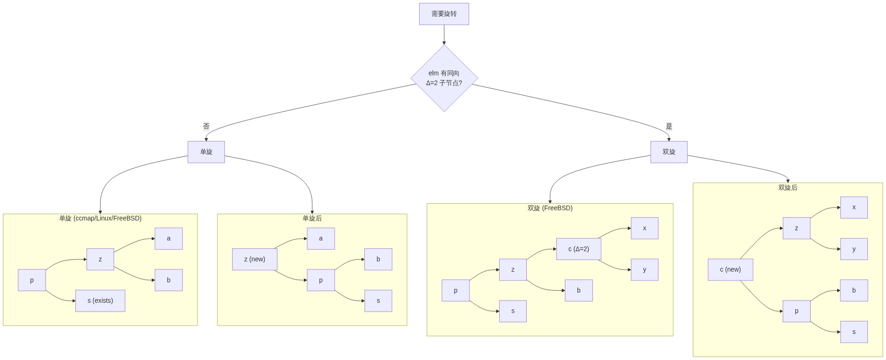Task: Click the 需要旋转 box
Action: pyautogui.click(x=444, y=14)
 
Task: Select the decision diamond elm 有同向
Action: pyautogui.click(x=444, y=78)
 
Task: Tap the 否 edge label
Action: pyautogui.click(x=206, y=126)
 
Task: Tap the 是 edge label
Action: pyautogui.click(x=669, y=126)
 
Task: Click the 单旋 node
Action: pyautogui.click(x=206, y=152)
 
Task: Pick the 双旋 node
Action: pyautogui.click(x=669, y=152)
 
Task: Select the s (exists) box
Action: pyautogui.click(x=100, y=301)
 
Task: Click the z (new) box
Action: pyautogui.click(x=255, y=259)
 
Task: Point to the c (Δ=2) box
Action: pyautogui.click(x=578, y=249)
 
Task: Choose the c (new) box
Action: pyautogui.click(x=730, y=270)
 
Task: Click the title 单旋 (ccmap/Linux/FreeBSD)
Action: pyautogui.click(x=100, y=218)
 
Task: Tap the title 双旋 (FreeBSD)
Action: pyautogui.click(x=550, y=208)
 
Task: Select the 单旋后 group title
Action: pyautogui.click(x=312, y=218)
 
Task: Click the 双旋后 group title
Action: pyautogui.click(x=787, y=187)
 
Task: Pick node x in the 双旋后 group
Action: pyautogui.click(x=854, y=207)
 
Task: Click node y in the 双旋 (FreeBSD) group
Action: pyautogui.click(x=644, y=270)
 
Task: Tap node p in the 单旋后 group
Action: pyautogui.click(x=321, y=280)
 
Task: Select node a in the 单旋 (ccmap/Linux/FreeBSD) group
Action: pyautogui.click(x=168, y=239)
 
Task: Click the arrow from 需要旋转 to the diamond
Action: pyautogui.click(x=444, y=35)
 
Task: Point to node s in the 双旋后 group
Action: pyautogui.click(x=854, y=332)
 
